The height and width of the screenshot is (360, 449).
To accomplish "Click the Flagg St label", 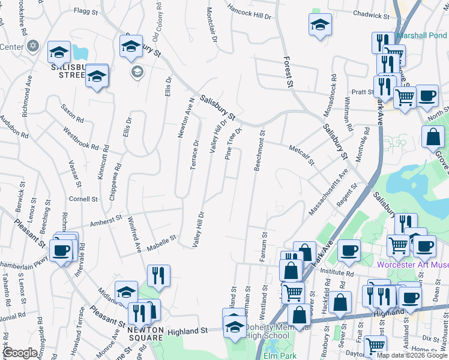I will point(85,11).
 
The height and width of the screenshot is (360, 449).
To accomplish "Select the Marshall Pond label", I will point(421,35).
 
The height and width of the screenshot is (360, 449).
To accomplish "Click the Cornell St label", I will point(83,199).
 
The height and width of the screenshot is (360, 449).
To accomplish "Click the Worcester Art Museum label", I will point(413,265).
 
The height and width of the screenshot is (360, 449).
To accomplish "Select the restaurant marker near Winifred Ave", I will point(158,275).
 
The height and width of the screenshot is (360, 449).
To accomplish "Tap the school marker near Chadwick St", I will point(321,25).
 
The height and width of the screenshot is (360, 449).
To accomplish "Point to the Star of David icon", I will point(34,46).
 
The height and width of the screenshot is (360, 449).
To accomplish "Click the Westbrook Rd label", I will point(79,137).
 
